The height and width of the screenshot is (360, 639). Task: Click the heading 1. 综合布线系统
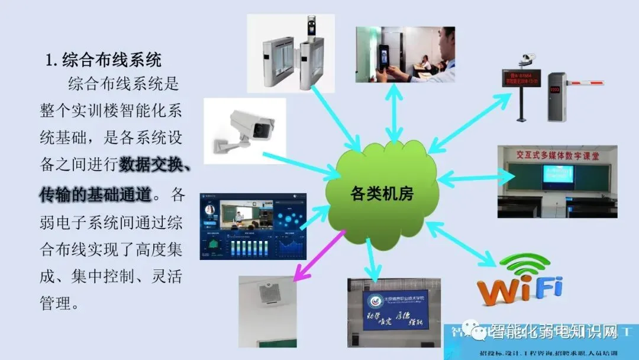point(104,60)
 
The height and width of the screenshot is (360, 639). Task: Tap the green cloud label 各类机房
point(382,193)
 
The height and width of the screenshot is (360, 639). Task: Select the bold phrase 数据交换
point(154,165)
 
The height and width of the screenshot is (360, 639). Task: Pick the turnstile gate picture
point(291,53)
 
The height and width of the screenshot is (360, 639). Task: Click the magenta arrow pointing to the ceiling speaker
point(319,255)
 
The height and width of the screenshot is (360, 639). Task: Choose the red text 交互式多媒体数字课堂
point(557,156)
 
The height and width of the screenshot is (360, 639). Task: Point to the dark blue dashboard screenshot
point(253,226)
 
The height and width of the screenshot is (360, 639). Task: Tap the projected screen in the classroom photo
point(558,176)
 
